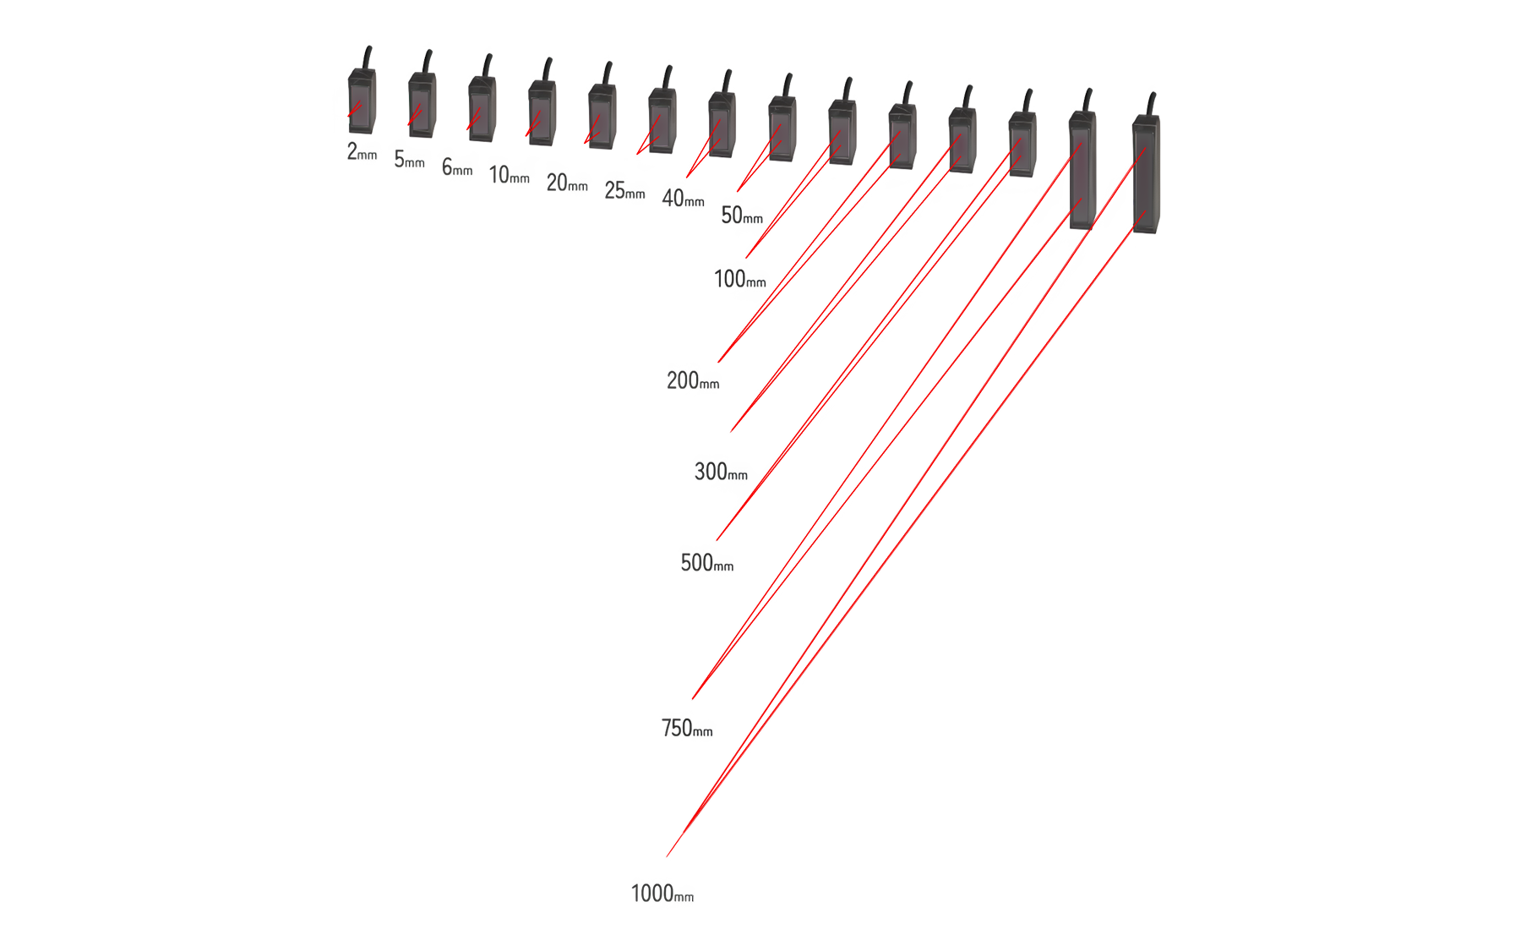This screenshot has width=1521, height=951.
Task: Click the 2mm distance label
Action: tap(362, 151)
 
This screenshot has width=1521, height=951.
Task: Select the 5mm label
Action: tap(409, 159)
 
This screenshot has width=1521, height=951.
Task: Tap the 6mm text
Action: tap(457, 167)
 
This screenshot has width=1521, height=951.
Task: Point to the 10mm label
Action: tap(510, 175)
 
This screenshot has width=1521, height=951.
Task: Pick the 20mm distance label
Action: tap(567, 183)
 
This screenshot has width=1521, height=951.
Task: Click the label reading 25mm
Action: tap(624, 190)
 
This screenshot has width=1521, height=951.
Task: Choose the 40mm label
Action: tap(683, 199)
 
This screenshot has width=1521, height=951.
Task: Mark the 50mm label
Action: tap(742, 216)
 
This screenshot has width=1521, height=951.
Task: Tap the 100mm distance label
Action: tap(740, 279)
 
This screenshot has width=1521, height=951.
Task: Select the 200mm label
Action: tap(693, 380)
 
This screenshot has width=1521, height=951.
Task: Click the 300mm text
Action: tap(721, 472)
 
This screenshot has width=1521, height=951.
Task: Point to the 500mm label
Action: tap(707, 563)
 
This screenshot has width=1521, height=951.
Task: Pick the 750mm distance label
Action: tap(687, 728)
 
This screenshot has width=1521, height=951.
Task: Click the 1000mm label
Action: tap(662, 894)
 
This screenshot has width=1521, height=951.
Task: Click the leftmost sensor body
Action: tap(362, 101)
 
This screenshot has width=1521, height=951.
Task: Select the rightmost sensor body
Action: tap(1146, 174)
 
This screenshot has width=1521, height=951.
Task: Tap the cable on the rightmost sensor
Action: tap(1149, 105)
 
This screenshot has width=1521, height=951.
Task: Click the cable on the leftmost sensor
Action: tap(367, 58)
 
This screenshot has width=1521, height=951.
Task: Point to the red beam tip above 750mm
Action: tap(693, 698)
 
